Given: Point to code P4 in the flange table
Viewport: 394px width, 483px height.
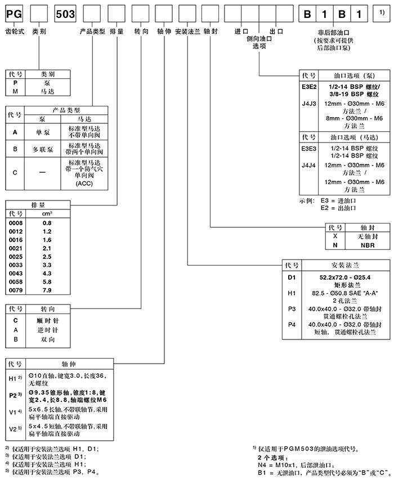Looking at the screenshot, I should coord(291,325).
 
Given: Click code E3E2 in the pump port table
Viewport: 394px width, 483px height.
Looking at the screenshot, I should coord(309,87).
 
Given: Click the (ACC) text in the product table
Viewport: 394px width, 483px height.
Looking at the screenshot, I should coord(83,184).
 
